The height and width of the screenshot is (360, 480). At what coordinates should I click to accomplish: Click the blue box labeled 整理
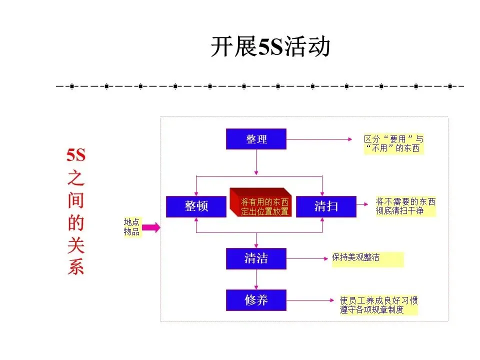click(x=256, y=139)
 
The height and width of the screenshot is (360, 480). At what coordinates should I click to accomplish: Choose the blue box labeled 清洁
click(x=256, y=258)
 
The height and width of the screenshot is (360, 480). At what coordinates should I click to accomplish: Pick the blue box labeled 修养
click(x=256, y=300)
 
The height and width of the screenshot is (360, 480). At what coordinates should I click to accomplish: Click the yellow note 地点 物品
click(x=132, y=227)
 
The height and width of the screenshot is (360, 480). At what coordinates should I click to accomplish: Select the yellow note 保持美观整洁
click(x=366, y=259)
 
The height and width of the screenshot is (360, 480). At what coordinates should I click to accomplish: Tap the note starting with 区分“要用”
click(x=393, y=144)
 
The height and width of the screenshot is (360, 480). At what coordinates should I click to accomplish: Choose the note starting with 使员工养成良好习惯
click(x=378, y=305)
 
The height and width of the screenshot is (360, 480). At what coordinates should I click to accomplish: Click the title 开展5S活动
click(x=270, y=48)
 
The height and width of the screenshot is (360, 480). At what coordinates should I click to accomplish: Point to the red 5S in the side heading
click(x=76, y=155)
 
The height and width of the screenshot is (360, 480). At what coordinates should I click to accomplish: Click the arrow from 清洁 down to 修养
click(x=256, y=279)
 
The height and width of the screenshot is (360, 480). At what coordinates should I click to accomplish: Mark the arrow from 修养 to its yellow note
click(x=310, y=300)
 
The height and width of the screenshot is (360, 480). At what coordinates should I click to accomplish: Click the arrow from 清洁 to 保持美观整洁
click(x=307, y=259)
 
